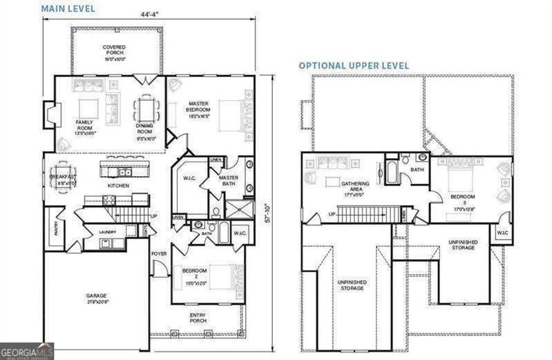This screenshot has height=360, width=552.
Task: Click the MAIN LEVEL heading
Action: tap(69, 9)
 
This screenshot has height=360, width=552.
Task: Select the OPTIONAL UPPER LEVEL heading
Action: tap(354, 65)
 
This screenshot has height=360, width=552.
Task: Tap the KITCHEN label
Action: tap(119, 186)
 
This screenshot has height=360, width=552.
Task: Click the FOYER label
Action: tap(159, 254)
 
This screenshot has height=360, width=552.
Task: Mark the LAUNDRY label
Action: tap(107, 232)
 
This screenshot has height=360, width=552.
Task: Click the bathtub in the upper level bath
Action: tap(392, 172)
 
